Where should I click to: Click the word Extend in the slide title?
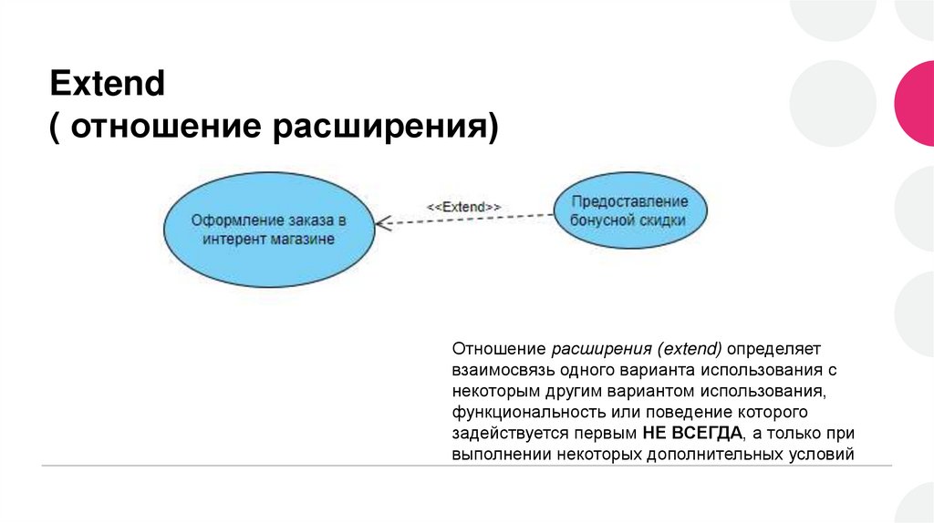(x=107, y=86)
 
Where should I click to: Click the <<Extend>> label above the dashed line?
(x=464, y=206)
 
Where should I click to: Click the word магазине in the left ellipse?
(x=304, y=239)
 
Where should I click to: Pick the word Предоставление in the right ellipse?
(x=628, y=201)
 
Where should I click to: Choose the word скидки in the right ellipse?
(x=662, y=220)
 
